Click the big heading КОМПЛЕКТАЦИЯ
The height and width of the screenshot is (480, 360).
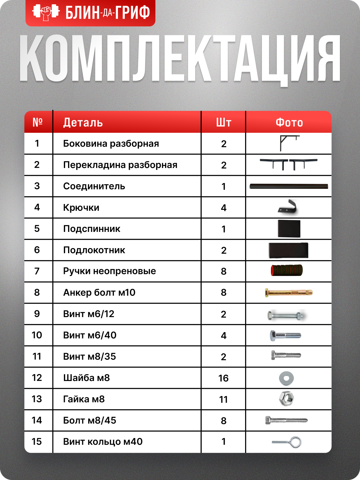[180, 58]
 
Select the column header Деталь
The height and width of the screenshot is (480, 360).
[83, 123]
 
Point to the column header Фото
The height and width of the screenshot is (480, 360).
[289, 123]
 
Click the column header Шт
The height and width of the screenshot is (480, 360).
[223, 123]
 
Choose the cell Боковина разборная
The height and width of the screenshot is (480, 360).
[111, 144]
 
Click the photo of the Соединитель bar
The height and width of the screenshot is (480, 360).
[289, 187]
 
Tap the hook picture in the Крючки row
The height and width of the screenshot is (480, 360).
[288, 207]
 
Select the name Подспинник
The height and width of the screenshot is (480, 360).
[91, 229]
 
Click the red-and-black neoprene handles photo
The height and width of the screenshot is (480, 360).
[287, 271]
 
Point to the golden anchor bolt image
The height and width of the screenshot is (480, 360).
[289, 292]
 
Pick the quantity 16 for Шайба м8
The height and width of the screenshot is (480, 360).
[223, 378]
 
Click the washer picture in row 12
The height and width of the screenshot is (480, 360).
[286, 378]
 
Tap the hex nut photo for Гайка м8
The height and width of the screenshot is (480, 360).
[286, 399]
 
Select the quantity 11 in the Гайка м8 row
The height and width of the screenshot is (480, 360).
[223, 400]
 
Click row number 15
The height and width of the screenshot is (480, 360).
[37, 442]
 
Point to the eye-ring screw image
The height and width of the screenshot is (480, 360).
[287, 442]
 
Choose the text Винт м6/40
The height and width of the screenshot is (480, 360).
[90, 335]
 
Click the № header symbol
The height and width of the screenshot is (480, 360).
[37, 122]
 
